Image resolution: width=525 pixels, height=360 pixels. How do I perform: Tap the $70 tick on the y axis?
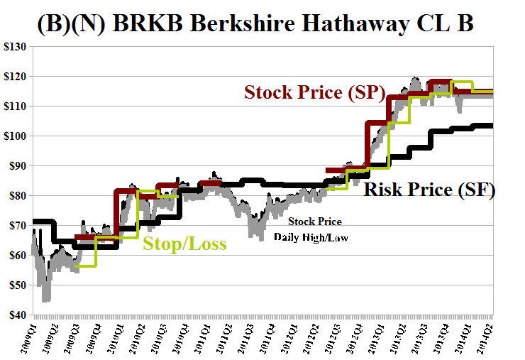(x=16, y=226)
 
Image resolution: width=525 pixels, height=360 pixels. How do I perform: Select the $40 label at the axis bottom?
(x=16, y=315)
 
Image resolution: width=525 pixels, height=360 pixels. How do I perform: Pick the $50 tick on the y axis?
(x=16, y=285)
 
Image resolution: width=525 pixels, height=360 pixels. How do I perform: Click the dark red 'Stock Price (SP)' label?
(x=314, y=93)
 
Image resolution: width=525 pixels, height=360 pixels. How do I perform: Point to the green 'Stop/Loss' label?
(x=184, y=244)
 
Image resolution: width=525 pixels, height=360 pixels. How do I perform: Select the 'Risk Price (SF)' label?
(x=429, y=190)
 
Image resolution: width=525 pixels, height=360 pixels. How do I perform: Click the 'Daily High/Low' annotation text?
(x=311, y=237)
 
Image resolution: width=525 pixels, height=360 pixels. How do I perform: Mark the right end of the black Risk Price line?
(x=492, y=126)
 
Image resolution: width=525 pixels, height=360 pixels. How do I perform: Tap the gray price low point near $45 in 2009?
(x=45, y=299)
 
